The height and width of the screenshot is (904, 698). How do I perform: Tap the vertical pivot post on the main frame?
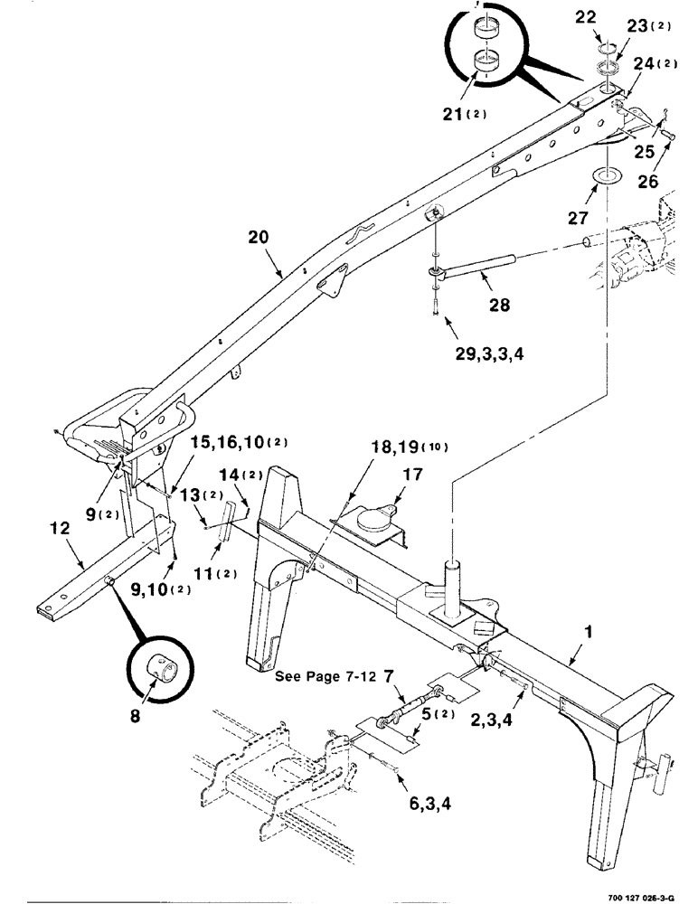(x=451, y=583)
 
